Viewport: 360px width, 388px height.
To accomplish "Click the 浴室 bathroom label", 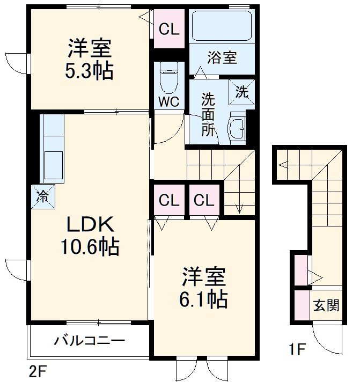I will [x=222, y=58].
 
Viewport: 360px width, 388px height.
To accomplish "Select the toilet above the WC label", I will [x=169, y=78].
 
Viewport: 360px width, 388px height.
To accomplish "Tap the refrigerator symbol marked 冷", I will [x=41, y=196].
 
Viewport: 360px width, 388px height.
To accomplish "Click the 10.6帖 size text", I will [x=89, y=247].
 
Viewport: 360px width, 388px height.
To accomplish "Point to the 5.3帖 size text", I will [x=90, y=71].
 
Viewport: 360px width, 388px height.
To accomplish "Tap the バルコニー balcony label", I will [x=89, y=340].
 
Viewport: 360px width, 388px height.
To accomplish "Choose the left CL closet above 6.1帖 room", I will [x=168, y=201].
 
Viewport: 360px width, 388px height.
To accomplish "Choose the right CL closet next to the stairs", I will [x=204, y=201].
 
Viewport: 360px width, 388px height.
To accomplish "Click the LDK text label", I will [x=89, y=223].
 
